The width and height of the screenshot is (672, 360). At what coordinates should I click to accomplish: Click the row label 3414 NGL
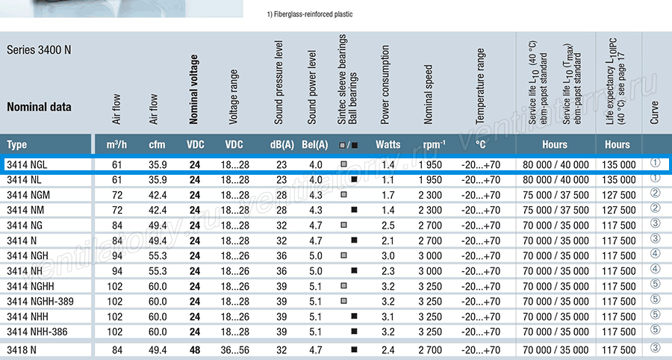[x=27, y=165]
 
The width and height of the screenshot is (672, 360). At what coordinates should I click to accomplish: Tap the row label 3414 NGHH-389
[x=40, y=301]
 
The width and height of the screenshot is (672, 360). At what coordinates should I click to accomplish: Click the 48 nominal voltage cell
[x=195, y=350]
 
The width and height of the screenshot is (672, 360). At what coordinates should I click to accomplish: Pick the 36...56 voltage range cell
[x=235, y=350]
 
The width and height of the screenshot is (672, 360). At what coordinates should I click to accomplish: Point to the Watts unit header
[x=388, y=145]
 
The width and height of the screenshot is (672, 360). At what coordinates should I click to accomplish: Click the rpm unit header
[x=435, y=145]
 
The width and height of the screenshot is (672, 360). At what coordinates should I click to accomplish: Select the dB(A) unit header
[x=282, y=145]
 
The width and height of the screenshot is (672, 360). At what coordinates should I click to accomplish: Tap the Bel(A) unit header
[x=315, y=145]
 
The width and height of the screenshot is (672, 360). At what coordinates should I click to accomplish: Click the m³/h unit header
[x=116, y=145]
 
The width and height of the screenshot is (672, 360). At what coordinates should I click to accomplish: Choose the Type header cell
[x=16, y=145]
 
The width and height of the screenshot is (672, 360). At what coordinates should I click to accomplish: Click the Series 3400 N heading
[x=39, y=50]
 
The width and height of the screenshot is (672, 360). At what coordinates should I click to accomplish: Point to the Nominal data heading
[x=39, y=107]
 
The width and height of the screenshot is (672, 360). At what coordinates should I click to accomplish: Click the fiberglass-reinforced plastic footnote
[x=310, y=14]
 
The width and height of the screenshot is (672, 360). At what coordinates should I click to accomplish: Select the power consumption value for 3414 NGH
[x=388, y=256]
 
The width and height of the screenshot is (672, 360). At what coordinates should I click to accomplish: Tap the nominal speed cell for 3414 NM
[x=430, y=211]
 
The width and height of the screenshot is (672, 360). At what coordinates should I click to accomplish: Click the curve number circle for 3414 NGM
[x=655, y=193]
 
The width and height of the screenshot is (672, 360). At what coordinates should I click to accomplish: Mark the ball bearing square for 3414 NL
[x=354, y=179]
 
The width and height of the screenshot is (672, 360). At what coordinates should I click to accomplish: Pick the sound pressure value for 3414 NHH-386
[x=281, y=332]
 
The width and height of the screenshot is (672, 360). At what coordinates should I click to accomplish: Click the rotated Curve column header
[x=654, y=113]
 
